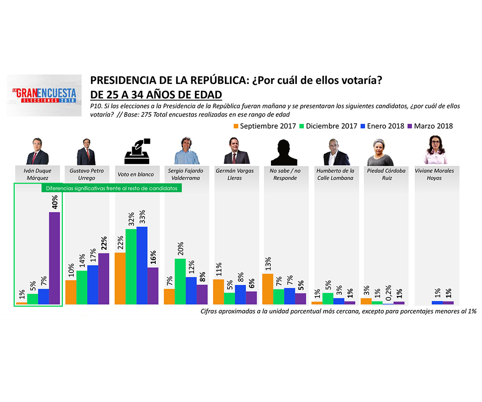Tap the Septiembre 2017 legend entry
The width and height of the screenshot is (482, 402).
coord(265,126)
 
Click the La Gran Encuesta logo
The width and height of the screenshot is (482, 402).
coord(44,95)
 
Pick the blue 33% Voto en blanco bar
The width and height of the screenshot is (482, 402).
coord(142,265)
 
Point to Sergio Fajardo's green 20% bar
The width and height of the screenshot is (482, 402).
coord(180,281)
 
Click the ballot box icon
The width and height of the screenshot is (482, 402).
coord(137,151)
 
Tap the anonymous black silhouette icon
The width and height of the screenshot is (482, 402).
coord(284,152)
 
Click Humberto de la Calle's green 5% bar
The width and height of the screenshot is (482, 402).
coord(328,298)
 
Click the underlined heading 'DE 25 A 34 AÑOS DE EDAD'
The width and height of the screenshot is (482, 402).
coord(156,95)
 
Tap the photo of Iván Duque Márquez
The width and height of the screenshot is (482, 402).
coord(37,151)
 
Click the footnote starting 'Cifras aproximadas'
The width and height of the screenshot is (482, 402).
coord(339,311)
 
